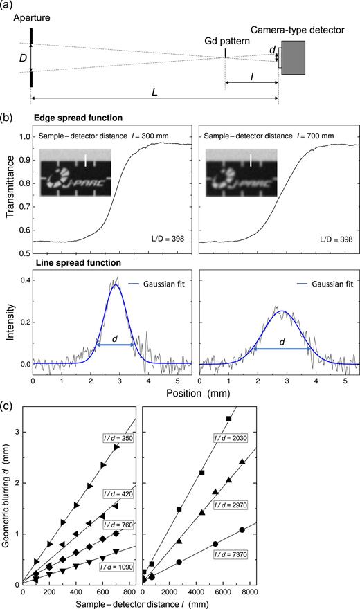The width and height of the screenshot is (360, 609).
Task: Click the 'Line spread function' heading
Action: [69, 263]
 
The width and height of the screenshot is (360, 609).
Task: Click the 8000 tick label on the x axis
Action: [344, 593]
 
